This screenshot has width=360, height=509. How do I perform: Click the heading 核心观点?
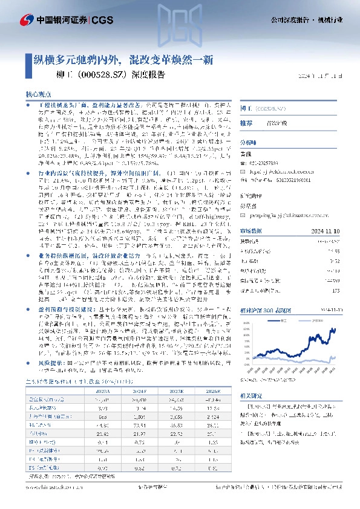click(38, 96)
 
